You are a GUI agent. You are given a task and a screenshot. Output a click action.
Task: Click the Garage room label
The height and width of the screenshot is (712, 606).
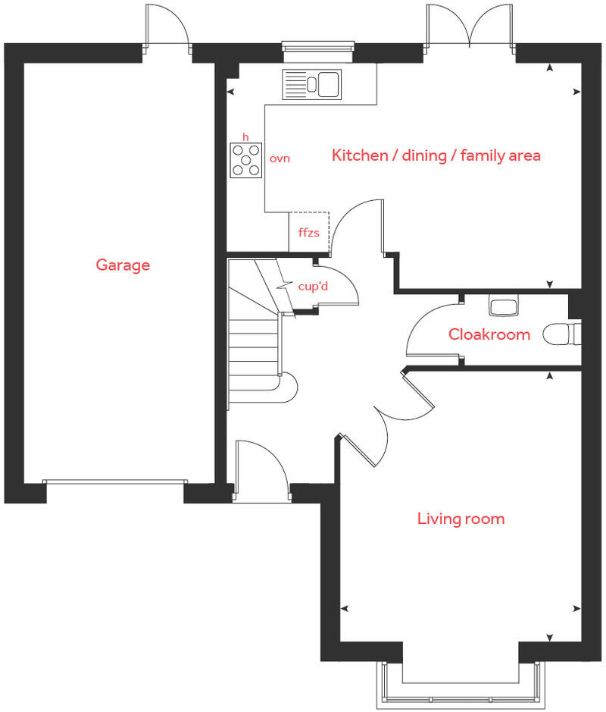(x=123, y=265)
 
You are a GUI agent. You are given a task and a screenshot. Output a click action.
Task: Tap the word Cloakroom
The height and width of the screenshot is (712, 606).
(x=489, y=334)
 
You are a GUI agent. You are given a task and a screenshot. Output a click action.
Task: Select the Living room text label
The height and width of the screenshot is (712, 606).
(x=461, y=519)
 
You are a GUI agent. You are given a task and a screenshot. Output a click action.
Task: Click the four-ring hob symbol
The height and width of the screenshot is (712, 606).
(x=246, y=159)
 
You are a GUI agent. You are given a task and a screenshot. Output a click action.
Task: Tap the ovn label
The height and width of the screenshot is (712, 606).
(x=280, y=159)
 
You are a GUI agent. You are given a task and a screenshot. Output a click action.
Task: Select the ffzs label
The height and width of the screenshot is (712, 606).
(x=308, y=233)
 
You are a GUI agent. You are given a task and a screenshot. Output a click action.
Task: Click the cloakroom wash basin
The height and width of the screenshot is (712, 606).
(x=503, y=306)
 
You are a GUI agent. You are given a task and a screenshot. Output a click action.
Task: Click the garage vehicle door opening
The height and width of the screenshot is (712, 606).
(x=115, y=482)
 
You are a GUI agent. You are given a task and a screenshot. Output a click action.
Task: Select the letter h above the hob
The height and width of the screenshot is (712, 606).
(x=245, y=136)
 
